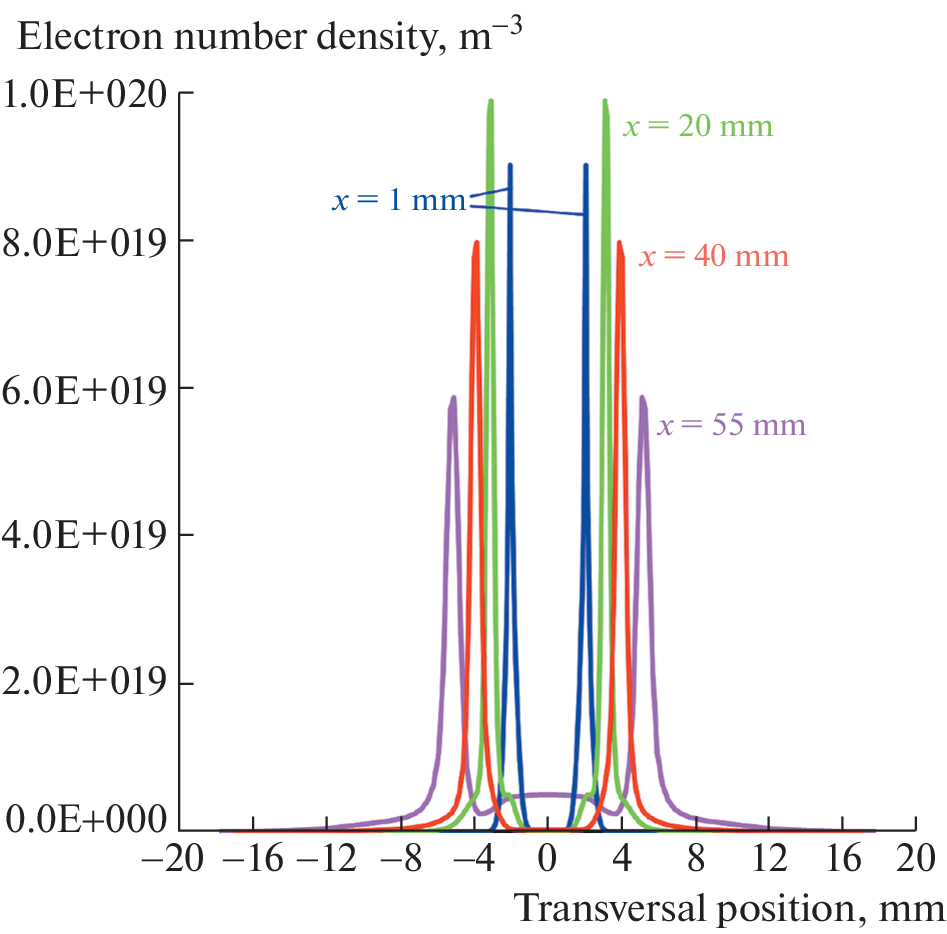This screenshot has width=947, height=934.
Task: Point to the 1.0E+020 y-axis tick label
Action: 87,95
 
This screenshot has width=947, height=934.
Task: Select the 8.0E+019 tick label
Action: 87,242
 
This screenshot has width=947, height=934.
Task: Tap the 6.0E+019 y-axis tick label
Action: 87,389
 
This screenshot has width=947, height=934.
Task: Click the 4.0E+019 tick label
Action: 87,536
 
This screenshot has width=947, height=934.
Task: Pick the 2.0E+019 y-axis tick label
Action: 87,684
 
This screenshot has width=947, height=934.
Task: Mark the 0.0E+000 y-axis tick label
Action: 87,822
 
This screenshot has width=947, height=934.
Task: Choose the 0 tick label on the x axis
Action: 547,858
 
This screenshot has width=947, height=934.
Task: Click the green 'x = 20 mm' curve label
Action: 698,128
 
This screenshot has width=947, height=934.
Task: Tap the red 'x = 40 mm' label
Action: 714,257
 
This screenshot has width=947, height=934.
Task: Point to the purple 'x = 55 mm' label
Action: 731,426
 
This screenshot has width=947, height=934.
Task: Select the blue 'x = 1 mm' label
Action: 398,201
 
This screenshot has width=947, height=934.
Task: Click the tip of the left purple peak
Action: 453,397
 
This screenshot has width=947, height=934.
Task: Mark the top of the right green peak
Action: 605,100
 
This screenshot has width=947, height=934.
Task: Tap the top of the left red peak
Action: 475,242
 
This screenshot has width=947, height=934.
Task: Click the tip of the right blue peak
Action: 586,166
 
